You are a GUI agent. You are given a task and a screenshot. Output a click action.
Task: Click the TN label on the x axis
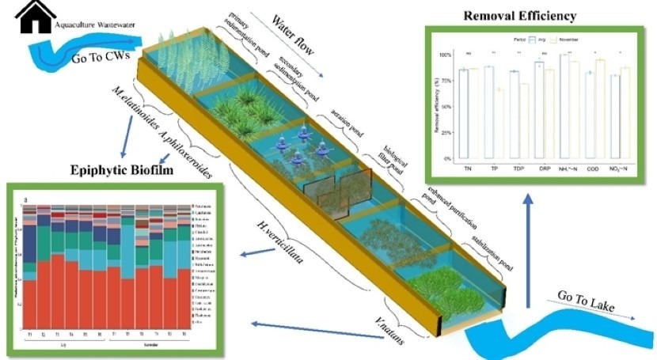coord(463,169)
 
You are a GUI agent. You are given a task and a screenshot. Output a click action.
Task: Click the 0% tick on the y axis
coord(447,158)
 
